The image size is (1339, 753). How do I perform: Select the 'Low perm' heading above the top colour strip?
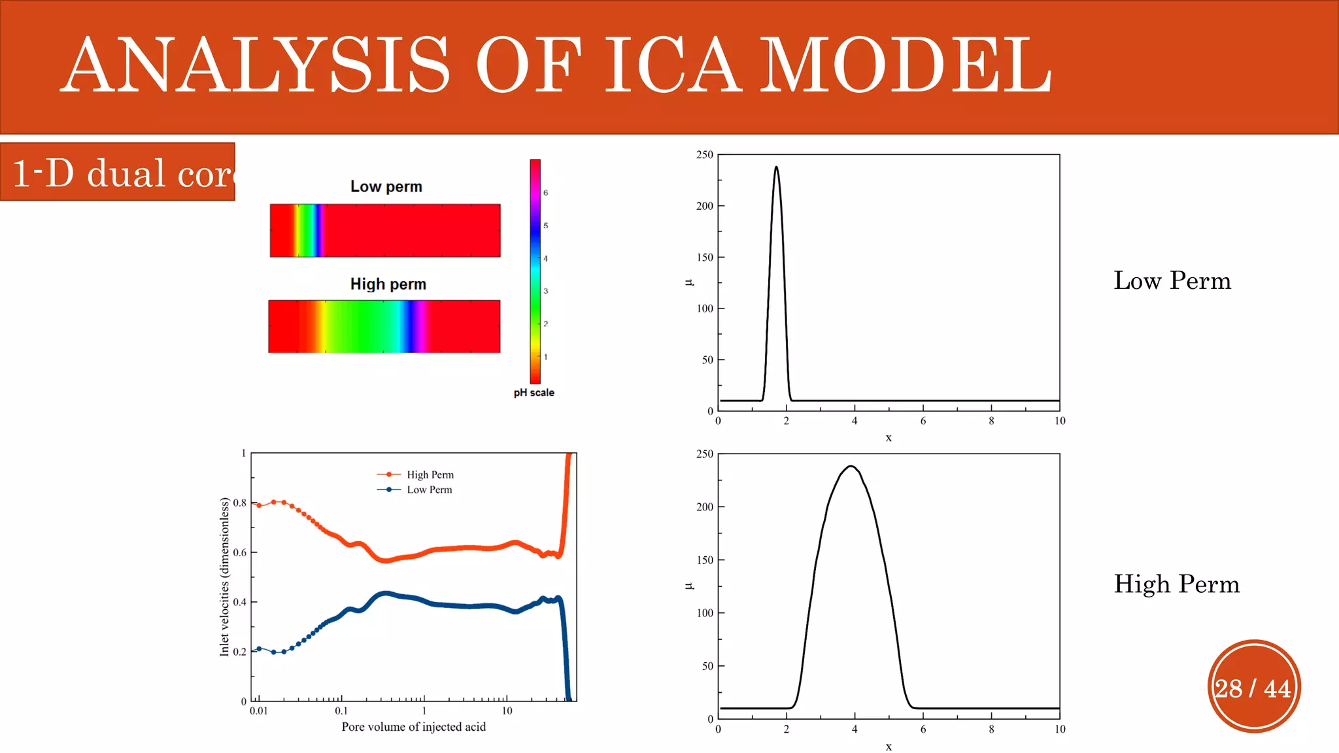point(386,187)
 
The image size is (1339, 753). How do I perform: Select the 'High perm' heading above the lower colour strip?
point(388,284)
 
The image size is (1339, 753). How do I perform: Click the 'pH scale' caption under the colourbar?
point(534,393)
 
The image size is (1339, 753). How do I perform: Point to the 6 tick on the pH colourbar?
point(545,193)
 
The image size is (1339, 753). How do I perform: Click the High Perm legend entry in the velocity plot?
point(430,475)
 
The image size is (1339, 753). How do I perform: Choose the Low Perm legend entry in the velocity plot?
point(429,490)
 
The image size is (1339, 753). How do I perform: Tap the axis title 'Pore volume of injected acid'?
point(413,727)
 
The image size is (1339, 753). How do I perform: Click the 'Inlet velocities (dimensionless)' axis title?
point(224,577)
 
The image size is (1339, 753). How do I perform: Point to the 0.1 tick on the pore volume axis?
point(341,711)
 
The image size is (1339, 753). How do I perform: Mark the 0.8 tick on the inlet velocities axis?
point(239,503)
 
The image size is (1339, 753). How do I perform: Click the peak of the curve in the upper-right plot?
point(776,167)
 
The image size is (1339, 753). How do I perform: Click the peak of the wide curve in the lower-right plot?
point(851,467)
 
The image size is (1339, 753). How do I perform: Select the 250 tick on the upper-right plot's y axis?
point(704,155)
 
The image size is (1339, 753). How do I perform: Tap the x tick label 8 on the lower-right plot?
point(991,729)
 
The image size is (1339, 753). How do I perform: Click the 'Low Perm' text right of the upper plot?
point(1172,281)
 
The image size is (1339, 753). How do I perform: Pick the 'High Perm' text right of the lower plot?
point(1176,584)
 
